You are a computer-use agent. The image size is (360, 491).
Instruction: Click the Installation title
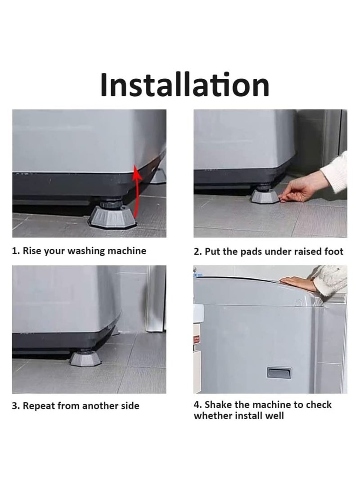pos(184,84)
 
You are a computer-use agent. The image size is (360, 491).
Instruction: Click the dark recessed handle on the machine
pos(279,373)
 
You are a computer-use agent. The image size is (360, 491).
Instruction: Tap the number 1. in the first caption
pos(16,251)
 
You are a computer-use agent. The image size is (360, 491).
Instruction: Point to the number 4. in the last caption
pos(198,405)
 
